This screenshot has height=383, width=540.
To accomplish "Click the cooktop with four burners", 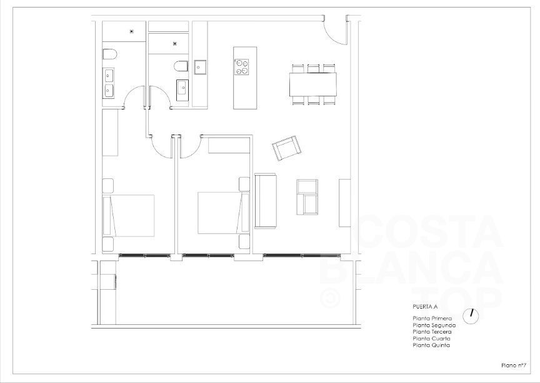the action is [x=242, y=67].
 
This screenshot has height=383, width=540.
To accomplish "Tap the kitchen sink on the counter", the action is [x=200, y=67].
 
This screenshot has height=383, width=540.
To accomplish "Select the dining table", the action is [x=312, y=84].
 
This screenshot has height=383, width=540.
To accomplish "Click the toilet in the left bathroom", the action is [x=110, y=54].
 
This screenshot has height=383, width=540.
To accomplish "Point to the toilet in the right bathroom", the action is [x=181, y=66].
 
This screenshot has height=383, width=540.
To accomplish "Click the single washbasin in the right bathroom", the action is [x=182, y=90].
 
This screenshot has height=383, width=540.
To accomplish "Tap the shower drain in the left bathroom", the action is [x=131, y=31].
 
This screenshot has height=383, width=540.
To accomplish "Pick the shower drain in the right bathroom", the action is [x=175, y=43].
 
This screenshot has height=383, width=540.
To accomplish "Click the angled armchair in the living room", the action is [x=286, y=148].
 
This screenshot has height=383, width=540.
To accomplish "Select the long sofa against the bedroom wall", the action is [x=265, y=201].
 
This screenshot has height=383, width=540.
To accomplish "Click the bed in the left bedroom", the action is [x=129, y=216].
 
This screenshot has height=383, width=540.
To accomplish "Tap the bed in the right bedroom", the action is [x=224, y=213].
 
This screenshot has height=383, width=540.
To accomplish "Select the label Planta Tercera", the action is [x=432, y=332].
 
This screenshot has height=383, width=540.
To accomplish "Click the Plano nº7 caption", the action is [x=514, y=365].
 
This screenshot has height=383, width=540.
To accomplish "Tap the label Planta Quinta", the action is [x=431, y=345].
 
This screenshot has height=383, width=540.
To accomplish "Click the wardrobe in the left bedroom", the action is [x=110, y=133].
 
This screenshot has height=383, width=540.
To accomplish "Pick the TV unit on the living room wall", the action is [x=344, y=203].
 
